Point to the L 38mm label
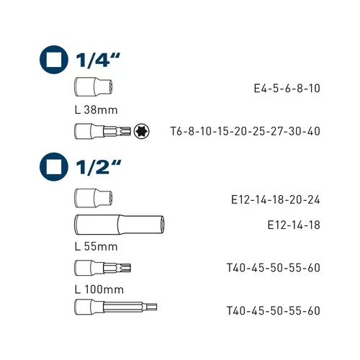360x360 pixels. coord(96,110)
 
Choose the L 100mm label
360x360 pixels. coord(98,289)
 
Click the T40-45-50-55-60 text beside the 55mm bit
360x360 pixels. coord(273,268)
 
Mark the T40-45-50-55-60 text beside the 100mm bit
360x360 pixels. coord(273,310)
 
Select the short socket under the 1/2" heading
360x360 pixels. coord(86,197)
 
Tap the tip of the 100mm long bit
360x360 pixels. coord(153,310)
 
